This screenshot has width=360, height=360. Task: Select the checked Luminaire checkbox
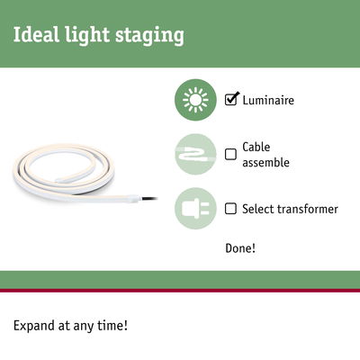pos(231,99)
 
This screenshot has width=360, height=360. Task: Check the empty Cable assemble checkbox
pos(231,154)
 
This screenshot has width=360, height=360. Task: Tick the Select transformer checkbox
pos(231,209)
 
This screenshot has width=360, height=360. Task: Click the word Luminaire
pos(268,99)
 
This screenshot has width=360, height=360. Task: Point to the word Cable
pos(256,147)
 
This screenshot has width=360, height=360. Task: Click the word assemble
pos(267,162)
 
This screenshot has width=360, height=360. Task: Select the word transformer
pos(307,209)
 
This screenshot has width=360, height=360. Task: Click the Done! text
pos(240,247)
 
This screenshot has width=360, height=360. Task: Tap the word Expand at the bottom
pos(34,325)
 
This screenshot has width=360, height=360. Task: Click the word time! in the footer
pos(112,324)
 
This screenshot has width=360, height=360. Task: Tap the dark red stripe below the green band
pos(180,291)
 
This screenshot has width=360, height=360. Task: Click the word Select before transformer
pos(257,209)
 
